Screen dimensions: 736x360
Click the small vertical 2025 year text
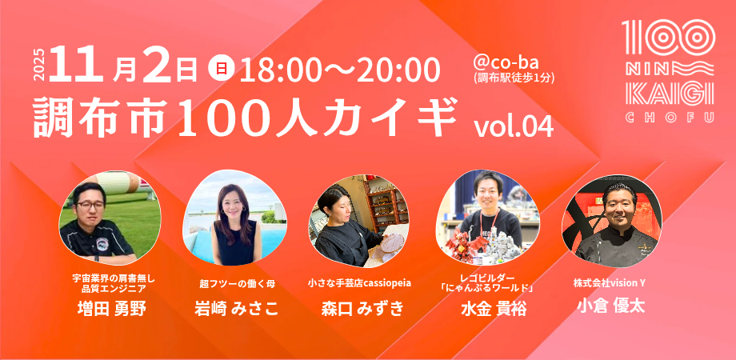(x=40, y=65)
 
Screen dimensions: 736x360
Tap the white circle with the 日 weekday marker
(x=218, y=69)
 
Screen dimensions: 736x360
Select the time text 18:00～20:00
(x=339, y=71)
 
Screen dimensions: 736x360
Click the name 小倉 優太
(x=610, y=306)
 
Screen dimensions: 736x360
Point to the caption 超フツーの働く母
(x=237, y=283)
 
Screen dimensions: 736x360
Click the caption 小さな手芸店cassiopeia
(x=359, y=283)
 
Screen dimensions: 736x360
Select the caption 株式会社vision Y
(x=610, y=282)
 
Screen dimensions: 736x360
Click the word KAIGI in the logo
(x=670, y=94)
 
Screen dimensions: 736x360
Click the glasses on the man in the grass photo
(x=90, y=205)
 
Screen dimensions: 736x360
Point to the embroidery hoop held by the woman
(x=393, y=243)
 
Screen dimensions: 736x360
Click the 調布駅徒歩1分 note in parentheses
(x=514, y=78)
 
